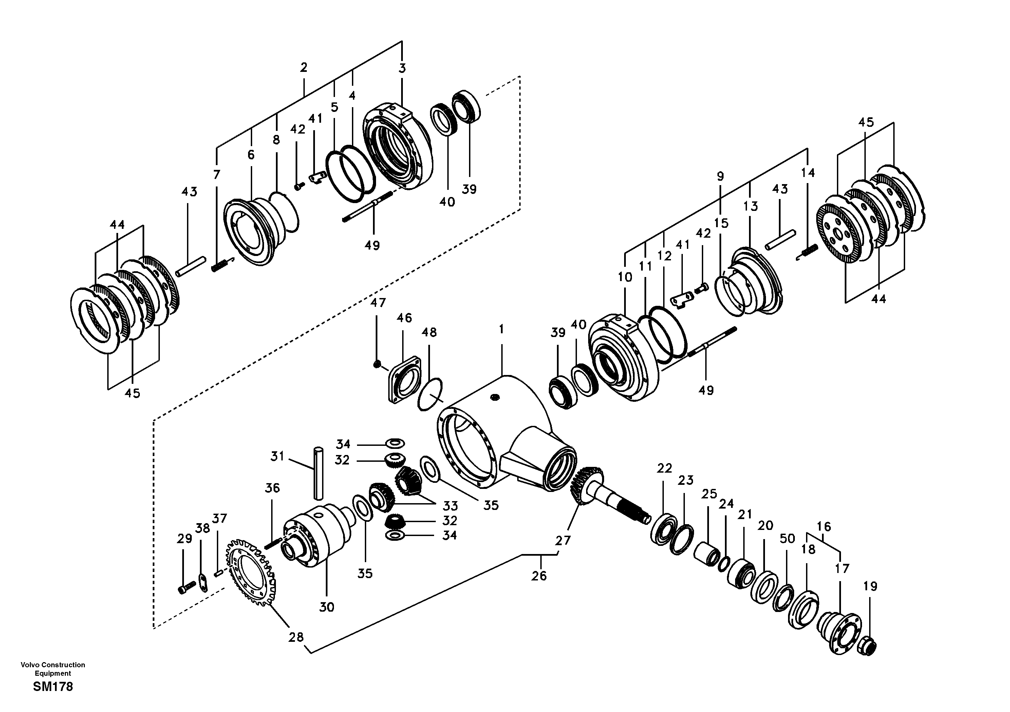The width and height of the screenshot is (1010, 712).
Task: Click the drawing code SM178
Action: pyautogui.click(x=53, y=687)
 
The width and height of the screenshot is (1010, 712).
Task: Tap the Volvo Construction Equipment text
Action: pyautogui.click(x=53, y=669)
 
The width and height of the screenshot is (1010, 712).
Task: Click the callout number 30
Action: pyautogui.click(x=326, y=607)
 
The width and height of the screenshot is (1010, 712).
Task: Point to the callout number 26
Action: pyautogui.click(x=539, y=576)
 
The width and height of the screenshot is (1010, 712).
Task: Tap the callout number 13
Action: pyautogui.click(x=751, y=206)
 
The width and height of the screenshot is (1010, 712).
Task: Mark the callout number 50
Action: pyautogui.click(x=787, y=538)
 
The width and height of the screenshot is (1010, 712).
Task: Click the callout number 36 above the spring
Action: pyautogui.click(x=272, y=488)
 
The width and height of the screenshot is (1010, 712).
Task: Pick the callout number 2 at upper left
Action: pyautogui.click(x=303, y=67)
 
